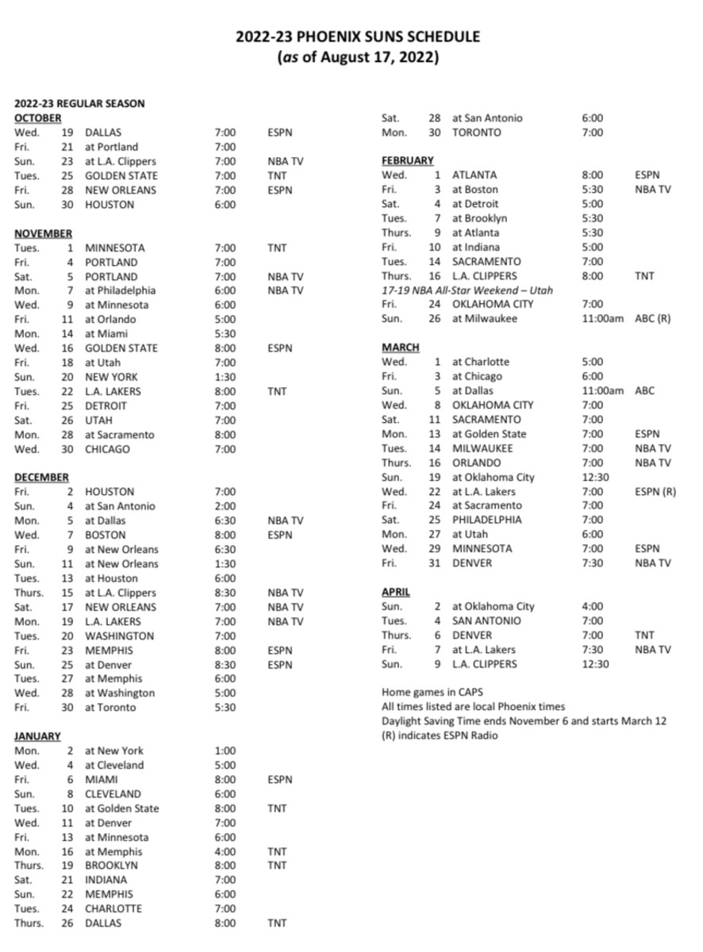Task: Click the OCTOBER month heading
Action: click(x=37, y=118)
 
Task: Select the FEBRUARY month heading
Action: click(x=408, y=161)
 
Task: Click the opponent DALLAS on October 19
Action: click(x=103, y=132)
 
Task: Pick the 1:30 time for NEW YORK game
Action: click(x=225, y=377)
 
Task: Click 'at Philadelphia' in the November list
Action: click(x=121, y=290)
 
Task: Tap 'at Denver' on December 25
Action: click(x=110, y=664)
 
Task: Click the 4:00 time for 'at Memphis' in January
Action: click(x=225, y=851)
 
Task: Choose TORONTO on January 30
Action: click(x=477, y=132)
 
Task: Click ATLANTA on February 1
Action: click(x=474, y=175)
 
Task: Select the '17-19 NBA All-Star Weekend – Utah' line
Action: click(x=467, y=290)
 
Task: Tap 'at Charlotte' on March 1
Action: click(x=481, y=362)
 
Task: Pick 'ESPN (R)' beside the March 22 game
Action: click(x=655, y=491)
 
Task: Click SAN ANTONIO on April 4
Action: click(x=486, y=620)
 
